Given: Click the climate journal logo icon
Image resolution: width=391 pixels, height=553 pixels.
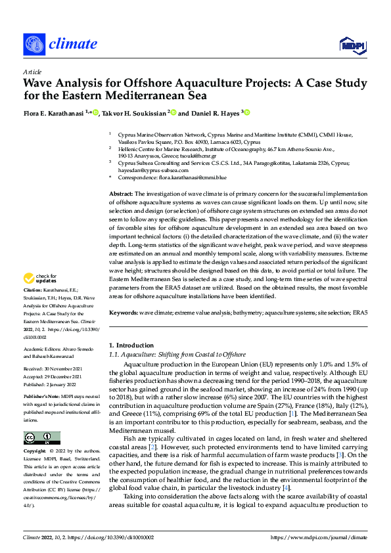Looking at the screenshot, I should pyautogui.click(x=34, y=45).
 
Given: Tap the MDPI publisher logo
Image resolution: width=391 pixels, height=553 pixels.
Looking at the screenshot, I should pyautogui.click(x=351, y=44).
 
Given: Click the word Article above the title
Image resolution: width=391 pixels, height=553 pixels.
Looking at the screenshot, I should pyautogui.click(x=32, y=72).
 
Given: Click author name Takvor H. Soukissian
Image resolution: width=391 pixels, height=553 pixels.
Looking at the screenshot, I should pyautogui.click(x=133, y=113).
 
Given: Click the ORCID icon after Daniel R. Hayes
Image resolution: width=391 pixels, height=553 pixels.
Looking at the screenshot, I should pyautogui.click(x=248, y=112).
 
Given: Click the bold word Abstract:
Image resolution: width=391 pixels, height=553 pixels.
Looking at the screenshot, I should pyautogui.click(x=120, y=194).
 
